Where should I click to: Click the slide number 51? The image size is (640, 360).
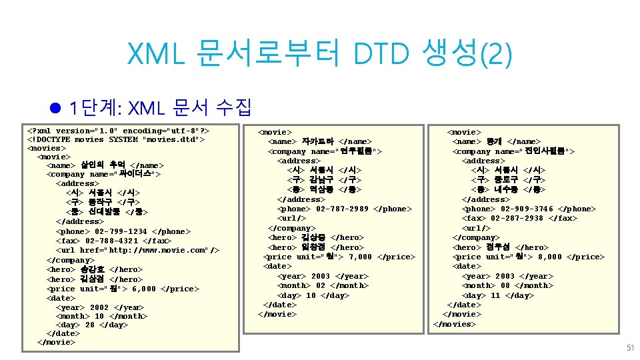tap(630, 348)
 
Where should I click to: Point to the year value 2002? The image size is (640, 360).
tap(99, 308)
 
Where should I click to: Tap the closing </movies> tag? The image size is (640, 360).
tap(455, 324)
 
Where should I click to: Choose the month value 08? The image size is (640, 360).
tap(506, 285)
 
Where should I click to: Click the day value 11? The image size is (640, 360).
tap(496, 295)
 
